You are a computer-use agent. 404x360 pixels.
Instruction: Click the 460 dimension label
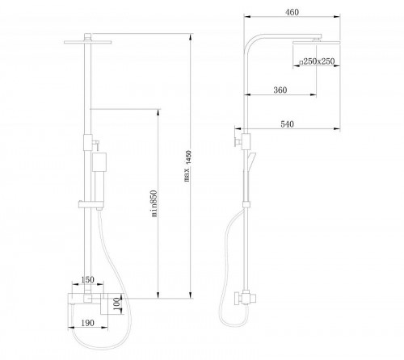point(292,12)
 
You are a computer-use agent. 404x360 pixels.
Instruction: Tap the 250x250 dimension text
point(318,61)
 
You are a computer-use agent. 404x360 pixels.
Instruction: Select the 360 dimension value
point(280,90)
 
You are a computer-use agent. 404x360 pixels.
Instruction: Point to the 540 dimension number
point(287,124)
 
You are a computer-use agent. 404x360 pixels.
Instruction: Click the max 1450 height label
point(187,166)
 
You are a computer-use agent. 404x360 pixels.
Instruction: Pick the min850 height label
point(154,203)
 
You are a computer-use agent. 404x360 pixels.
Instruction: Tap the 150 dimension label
point(87,279)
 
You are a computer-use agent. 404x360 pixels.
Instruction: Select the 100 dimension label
point(116,304)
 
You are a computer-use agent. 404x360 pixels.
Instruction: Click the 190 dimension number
point(87,323)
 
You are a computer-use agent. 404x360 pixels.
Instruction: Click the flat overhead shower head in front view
point(88,42)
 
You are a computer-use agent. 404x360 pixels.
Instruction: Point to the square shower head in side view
point(316,42)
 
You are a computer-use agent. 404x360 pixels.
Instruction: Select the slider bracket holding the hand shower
point(90,204)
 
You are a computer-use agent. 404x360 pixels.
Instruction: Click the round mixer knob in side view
point(238,299)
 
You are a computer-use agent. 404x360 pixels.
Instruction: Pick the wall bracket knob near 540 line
point(236,141)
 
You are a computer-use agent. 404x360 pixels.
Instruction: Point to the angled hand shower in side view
point(251,161)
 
